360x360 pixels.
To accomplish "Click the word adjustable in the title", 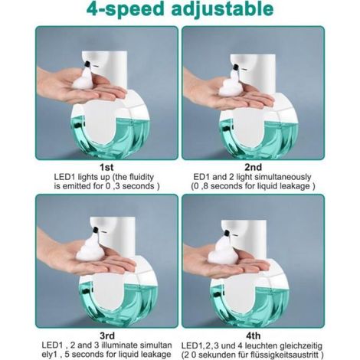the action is tap(222, 10).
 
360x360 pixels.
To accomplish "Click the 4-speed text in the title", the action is tap(125, 10).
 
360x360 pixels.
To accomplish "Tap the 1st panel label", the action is tap(106, 168).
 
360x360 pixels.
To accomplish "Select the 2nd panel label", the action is tap(253, 167).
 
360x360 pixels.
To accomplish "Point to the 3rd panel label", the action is tap(107, 335).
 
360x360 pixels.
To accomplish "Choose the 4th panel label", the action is tap(254, 335).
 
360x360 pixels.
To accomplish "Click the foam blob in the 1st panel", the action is tap(83, 78).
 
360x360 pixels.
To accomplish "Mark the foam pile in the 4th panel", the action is tap(221, 251).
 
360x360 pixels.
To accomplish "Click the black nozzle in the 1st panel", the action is tap(87, 64).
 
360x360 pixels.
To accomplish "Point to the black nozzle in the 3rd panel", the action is tap(96, 230).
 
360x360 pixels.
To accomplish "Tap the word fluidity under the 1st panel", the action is tap(141, 177).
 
